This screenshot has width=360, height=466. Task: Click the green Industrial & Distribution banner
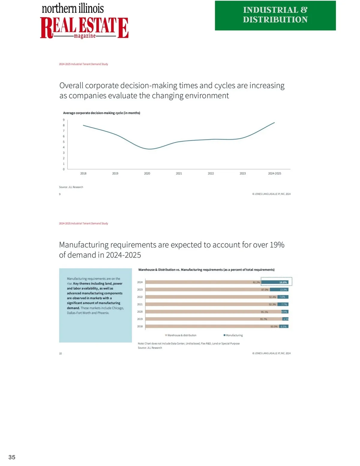(x=275, y=15)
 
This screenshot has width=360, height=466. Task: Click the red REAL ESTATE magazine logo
(x=84, y=28)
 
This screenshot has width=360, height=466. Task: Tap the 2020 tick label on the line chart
(x=147, y=173)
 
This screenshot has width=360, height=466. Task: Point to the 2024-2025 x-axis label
(x=274, y=173)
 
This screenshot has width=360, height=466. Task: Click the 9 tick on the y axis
(x=64, y=120)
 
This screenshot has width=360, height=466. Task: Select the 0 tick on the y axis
(x=64, y=169)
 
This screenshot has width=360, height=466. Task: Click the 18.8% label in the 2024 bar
(x=283, y=282)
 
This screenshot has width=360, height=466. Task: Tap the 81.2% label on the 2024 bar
(x=256, y=282)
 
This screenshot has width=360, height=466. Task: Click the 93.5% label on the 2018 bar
(x=274, y=326)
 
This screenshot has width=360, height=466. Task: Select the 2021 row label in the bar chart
(x=140, y=304)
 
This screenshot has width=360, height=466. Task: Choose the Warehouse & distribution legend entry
(x=181, y=335)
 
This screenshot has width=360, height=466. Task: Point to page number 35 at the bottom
(x=12, y=457)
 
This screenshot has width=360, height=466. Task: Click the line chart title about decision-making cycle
(x=101, y=113)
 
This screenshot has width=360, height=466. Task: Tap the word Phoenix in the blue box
(x=103, y=313)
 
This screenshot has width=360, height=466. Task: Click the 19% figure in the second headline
(x=277, y=245)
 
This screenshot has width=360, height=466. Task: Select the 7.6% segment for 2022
(x=283, y=297)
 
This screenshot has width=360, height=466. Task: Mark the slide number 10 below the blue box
(x=60, y=353)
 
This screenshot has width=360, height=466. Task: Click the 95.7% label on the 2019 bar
(x=263, y=319)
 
